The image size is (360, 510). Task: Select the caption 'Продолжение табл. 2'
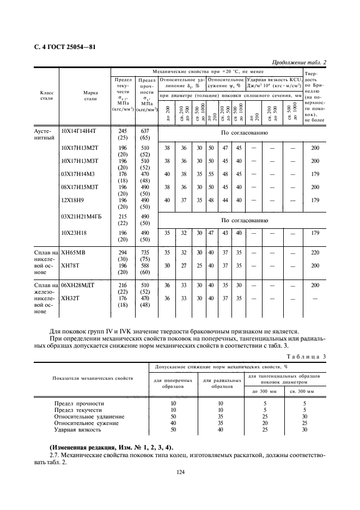(298, 62)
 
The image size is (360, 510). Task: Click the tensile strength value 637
(145, 131)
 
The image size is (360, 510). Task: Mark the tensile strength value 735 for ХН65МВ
(145, 253)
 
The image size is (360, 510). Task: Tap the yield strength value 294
(122, 253)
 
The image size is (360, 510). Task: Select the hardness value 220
(315, 253)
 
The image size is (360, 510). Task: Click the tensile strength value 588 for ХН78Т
(145, 266)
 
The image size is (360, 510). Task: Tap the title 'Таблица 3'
(309, 356)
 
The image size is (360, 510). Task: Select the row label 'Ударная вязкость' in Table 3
(78, 429)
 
